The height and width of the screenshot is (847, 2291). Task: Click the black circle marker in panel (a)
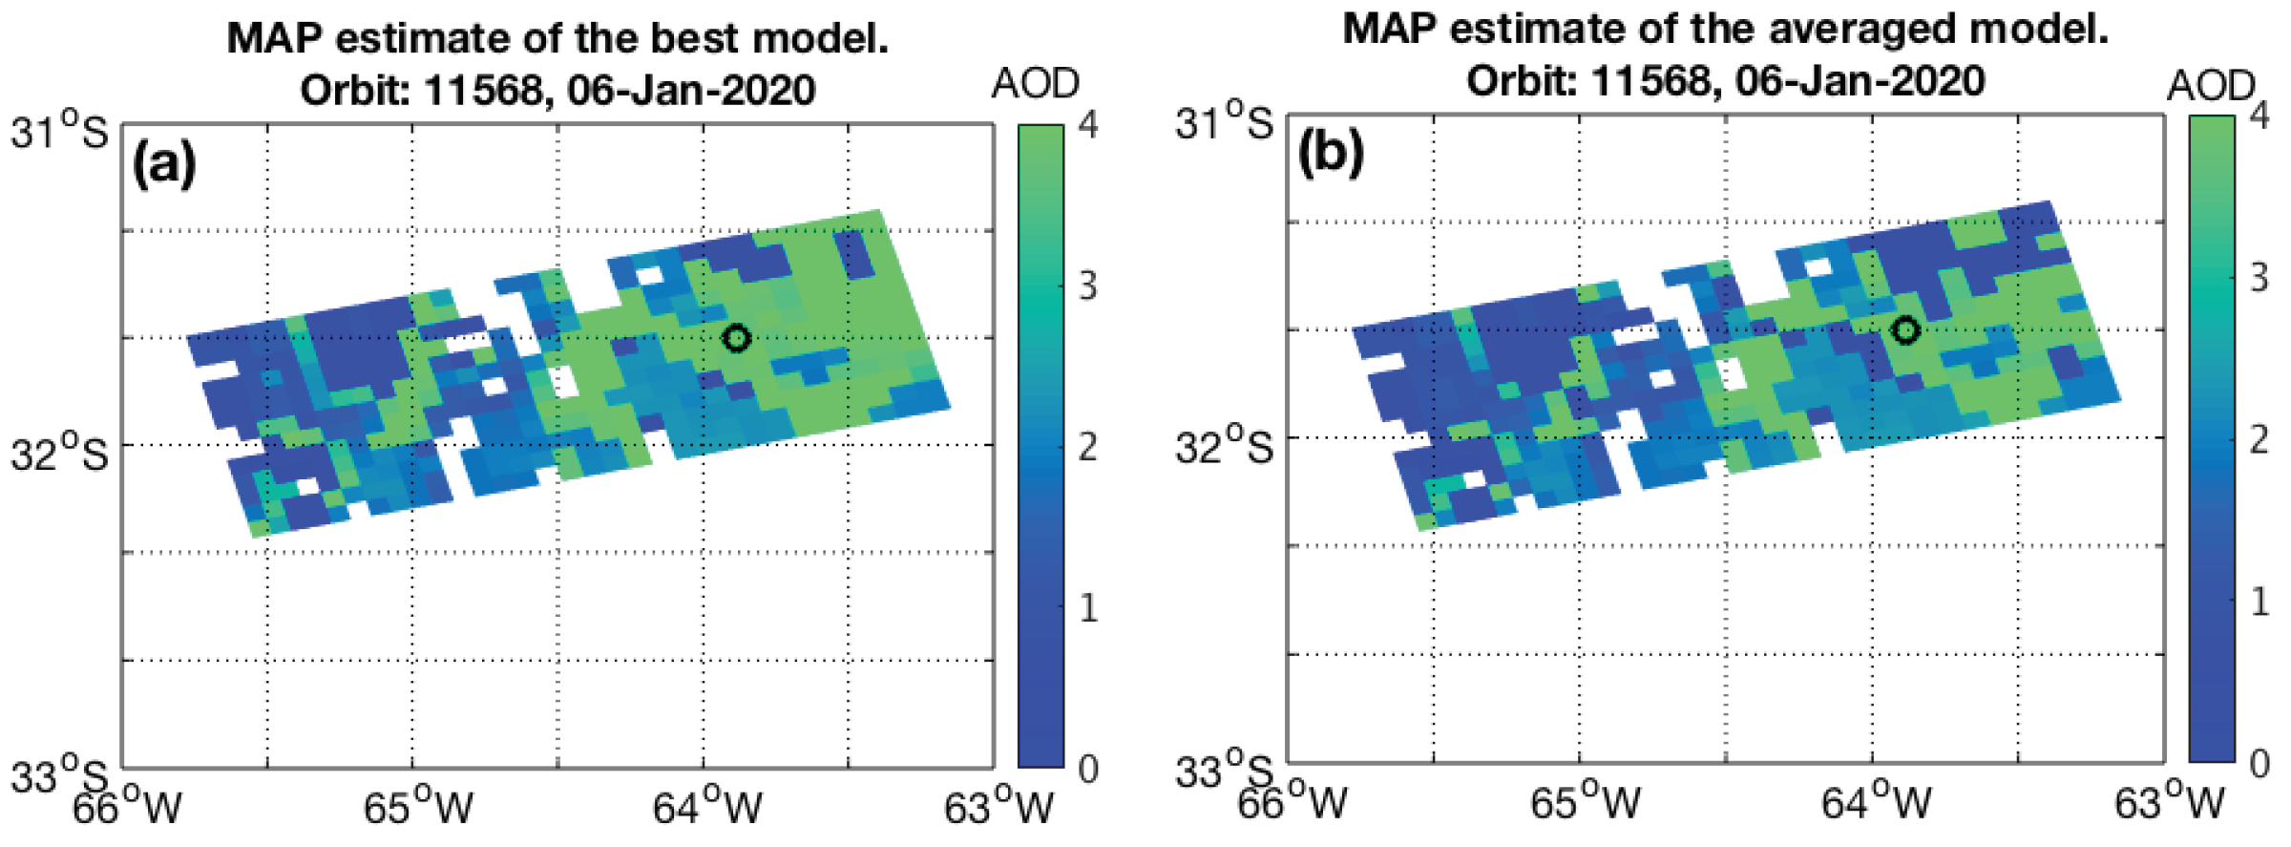click(736, 337)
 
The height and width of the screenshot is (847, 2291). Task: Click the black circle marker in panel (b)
click(1905, 329)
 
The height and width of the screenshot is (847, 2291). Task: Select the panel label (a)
click(164, 163)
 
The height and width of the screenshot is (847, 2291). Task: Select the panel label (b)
click(1331, 153)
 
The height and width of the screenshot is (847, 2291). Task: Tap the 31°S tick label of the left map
click(59, 131)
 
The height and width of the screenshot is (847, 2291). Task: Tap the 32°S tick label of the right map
click(1225, 445)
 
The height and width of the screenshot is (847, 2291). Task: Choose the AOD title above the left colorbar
click(1036, 84)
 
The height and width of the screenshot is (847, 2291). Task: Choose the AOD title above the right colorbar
click(2210, 87)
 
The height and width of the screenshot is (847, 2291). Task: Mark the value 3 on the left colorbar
click(1087, 286)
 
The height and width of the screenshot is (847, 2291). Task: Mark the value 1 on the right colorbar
click(2259, 602)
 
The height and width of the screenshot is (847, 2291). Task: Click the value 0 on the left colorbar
click(1087, 769)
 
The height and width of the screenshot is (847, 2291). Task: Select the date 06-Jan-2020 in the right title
click(1860, 80)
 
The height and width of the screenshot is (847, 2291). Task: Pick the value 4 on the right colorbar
click(2259, 116)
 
